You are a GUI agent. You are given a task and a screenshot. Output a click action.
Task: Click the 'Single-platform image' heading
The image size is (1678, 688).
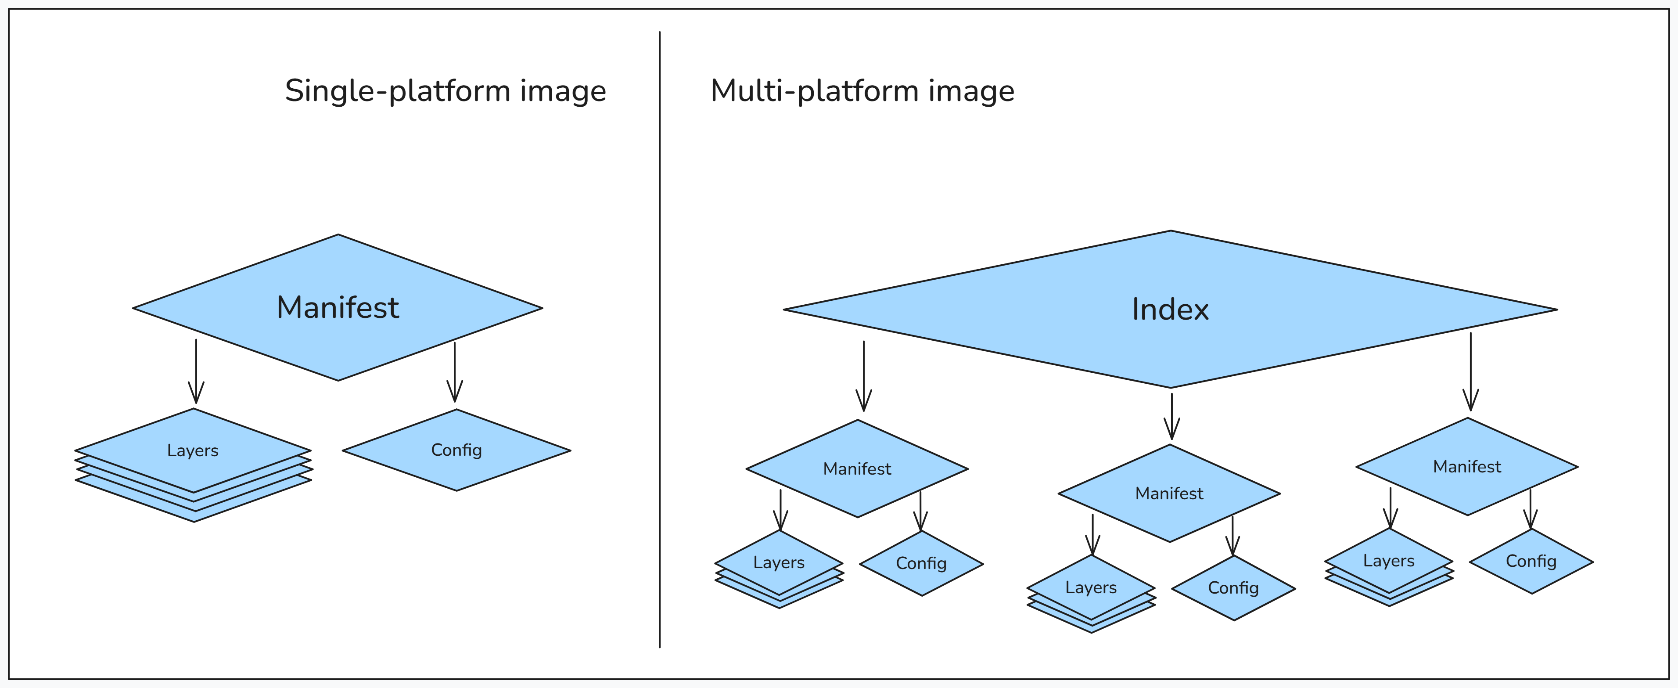[446, 90]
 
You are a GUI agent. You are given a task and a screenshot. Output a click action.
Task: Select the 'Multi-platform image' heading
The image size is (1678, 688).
[862, 90]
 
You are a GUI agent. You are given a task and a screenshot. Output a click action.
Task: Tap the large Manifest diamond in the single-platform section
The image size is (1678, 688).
[338, 307]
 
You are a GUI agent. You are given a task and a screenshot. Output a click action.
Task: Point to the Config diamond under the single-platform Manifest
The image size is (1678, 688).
[456, 450]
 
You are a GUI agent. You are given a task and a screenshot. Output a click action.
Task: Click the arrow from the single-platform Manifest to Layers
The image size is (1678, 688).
[196, 371]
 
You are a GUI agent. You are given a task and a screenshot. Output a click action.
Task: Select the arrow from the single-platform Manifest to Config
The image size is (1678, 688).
[455, 371]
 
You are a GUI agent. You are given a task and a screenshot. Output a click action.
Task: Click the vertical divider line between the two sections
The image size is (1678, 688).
[659, 339]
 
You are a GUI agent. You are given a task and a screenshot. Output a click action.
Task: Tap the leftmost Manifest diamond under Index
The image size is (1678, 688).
[857, 468]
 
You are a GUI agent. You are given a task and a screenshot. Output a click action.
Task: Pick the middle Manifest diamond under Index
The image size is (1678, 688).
[1169, 493]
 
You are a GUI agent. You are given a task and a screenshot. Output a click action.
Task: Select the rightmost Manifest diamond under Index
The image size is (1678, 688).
[1467, 466]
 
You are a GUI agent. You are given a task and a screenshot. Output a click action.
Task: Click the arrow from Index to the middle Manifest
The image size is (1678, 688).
[1171, 416]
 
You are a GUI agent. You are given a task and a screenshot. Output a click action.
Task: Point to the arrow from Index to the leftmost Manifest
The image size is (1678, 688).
[864, 377]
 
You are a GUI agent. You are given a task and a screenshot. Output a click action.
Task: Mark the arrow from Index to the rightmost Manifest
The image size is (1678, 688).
[1470, 371]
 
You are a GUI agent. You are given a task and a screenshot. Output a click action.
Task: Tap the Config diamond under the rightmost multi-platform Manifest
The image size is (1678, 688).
[1531, 561]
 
